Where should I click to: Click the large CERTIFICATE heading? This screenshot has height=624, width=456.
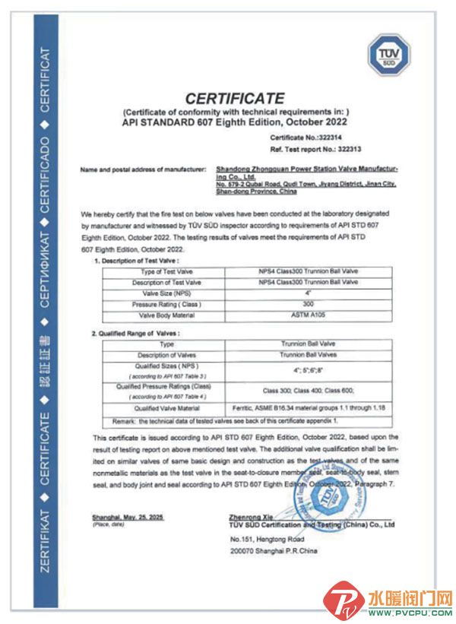[x=235, y=99]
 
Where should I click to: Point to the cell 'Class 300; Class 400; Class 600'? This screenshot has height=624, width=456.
[x=309, y=391]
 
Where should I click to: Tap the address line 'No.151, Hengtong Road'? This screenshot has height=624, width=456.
[x=262, y=538]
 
